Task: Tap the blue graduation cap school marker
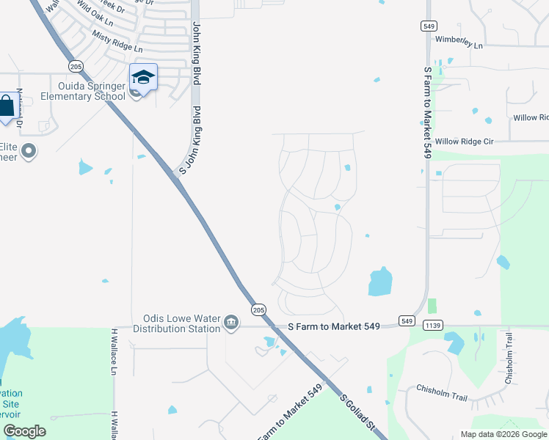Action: [144, 77]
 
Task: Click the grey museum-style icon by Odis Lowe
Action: [231, 323]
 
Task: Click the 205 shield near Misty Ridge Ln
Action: [76, 66]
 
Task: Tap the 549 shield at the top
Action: [429, 26]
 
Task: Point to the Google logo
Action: [24, 431]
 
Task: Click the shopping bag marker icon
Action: [6, 106]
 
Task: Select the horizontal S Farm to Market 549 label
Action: [334, 326]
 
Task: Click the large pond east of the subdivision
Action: [380, 281]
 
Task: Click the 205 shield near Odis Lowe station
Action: [258, 310]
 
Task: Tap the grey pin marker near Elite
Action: [29, 152]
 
